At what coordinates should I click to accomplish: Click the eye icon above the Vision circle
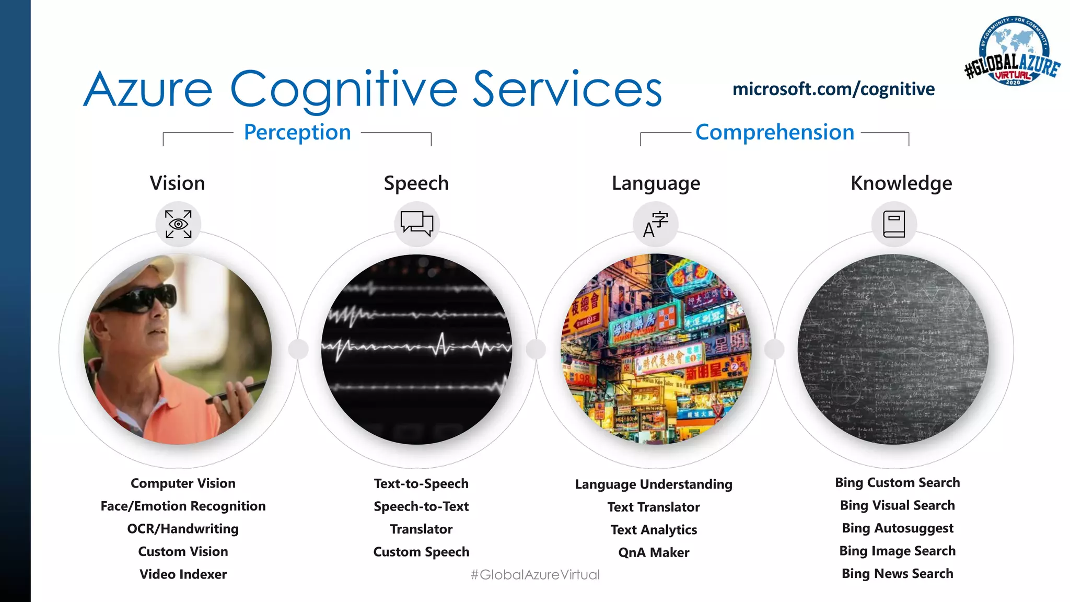coord(178,224)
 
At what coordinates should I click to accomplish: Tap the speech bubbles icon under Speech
coord(416,224)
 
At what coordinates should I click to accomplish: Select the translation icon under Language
coord(655,224)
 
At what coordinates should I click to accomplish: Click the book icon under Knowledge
coord(894,224)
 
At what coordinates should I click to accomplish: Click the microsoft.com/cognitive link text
coord(833,89)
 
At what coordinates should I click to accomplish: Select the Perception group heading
coord(297,133)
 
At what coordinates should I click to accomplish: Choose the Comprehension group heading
coord(775,133)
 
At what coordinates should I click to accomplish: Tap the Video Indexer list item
coord(183,574)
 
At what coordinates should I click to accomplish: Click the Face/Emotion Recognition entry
coord(183,506)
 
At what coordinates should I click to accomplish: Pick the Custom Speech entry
coord(421,552)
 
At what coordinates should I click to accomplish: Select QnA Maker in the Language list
coord(654,552)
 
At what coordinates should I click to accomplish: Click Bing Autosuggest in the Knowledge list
coord(898,528)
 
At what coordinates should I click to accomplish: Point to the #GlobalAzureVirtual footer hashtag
coord(535,575)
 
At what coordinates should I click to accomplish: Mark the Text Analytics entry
coord(654,530)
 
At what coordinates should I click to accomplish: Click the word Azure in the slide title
coord(148,90)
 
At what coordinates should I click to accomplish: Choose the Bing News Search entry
coord(898,574)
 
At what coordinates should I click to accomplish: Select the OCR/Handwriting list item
coord(183,529)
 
